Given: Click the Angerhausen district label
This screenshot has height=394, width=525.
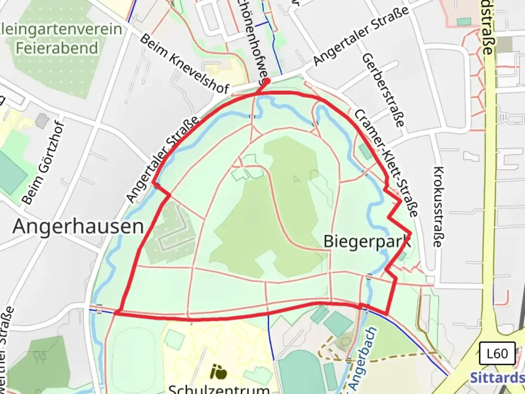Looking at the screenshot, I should [78, 227].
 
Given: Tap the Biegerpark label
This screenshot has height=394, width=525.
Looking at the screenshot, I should [367, 242].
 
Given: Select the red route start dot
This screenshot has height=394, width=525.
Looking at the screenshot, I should [267, 81].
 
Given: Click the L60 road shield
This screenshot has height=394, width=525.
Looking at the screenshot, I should [497, 353].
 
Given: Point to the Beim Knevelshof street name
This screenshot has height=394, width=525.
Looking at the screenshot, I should [184, 64].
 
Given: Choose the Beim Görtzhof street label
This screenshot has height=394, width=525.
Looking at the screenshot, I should [43, 162].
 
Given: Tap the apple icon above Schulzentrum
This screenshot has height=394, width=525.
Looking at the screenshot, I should [219, 372].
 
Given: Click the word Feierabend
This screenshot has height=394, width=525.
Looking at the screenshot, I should [57, 48].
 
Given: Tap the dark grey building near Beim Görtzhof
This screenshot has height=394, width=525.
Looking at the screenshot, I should [43, 121].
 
